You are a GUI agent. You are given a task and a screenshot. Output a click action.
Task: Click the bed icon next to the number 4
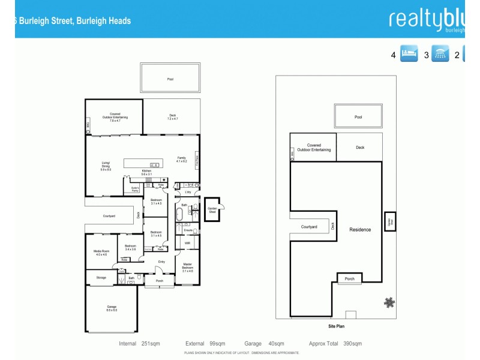click(x=409, y=55)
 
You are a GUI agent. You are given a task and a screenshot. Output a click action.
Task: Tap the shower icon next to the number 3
click(x=441, y=55)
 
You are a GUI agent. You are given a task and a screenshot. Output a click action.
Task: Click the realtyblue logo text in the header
click(x=427, y=19)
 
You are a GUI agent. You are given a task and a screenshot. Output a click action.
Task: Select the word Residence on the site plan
click(x=360, y=229)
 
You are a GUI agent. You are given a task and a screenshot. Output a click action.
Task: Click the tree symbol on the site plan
click(x=389, y=302)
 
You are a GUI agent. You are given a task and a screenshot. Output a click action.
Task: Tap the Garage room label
click(x=112, y=308)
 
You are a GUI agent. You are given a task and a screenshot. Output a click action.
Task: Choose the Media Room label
click(x=100, y=253)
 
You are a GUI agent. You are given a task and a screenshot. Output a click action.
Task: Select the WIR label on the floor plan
click(x=187, y=243)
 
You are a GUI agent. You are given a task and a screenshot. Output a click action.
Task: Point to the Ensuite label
click(x=188, y=230)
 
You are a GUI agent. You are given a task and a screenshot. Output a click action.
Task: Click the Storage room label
click(x=101, y=277)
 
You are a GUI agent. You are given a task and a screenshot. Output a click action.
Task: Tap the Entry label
click(x=161, y=262)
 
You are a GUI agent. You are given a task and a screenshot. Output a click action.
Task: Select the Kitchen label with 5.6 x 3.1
click(x=146, y=172)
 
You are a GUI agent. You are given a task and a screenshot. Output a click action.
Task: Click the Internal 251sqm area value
click(x=137, y=344)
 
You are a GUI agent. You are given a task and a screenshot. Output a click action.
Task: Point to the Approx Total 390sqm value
click(x=335, y=344)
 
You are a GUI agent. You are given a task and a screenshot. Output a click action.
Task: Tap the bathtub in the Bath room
click(x=179, y=214)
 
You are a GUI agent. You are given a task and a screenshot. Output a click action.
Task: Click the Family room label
click(x=182, y=159)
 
